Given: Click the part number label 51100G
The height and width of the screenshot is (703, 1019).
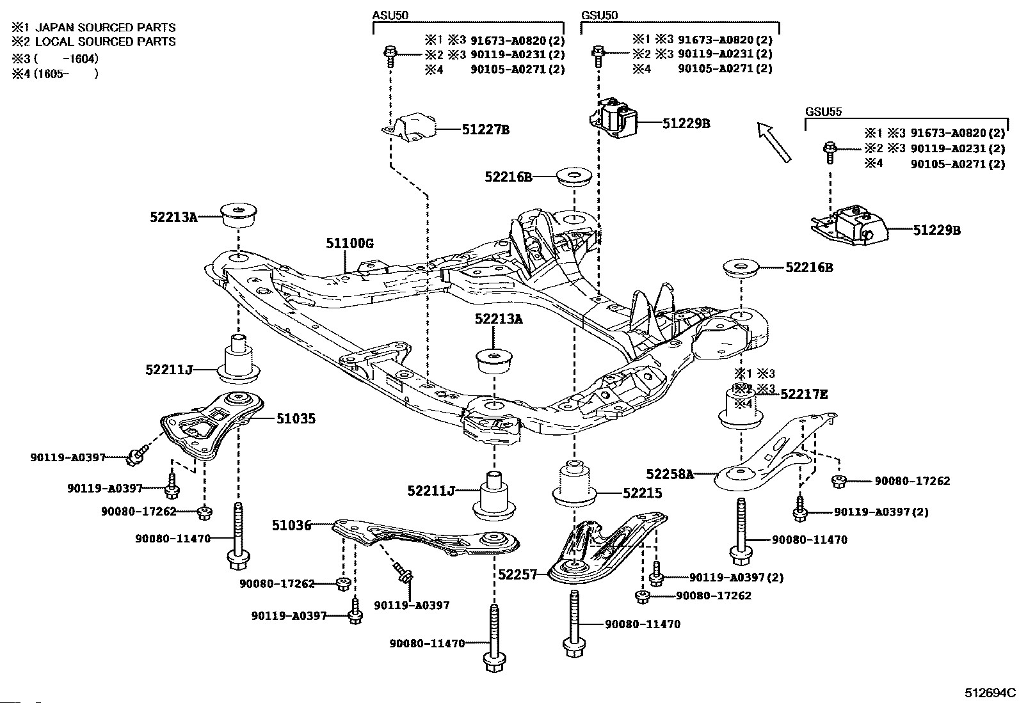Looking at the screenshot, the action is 349,244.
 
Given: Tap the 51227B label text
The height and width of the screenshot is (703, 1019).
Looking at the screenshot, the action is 486,130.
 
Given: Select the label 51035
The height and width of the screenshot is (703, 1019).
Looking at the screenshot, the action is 296,418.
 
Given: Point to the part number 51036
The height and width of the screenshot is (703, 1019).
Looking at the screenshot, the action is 292,525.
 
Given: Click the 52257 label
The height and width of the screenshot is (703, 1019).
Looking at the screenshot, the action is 518,574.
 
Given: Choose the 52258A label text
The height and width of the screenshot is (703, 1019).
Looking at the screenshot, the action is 670,474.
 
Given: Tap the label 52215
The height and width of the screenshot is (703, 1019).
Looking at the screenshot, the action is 643,493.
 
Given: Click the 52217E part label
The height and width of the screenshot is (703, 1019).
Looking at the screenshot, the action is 805,394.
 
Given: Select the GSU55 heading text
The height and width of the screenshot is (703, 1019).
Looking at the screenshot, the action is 823,111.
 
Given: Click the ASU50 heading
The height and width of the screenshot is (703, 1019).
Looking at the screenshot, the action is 390,15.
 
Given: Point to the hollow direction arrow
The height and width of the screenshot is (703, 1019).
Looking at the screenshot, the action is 774,143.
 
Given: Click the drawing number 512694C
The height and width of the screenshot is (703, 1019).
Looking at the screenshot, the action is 990,693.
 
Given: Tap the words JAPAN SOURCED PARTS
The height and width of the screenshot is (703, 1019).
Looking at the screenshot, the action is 105,28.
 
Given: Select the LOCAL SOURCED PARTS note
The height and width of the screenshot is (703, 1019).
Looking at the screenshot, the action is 105,42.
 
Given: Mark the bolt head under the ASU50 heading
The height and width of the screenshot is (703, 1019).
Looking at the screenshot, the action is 390,52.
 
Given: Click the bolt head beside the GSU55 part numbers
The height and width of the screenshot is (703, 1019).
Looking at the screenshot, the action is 830,147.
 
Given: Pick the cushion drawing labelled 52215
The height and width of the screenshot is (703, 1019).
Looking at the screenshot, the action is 575,484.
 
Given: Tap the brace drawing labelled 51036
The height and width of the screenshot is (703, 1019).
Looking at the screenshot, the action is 426,537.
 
